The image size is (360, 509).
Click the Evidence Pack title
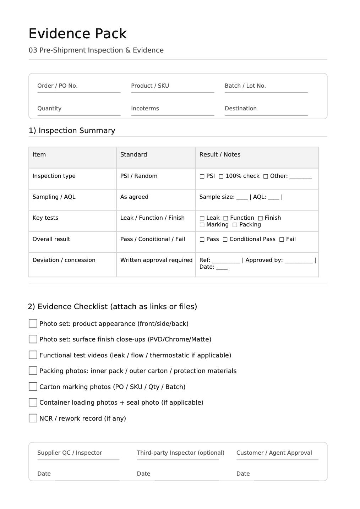77,34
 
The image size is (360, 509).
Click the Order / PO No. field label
58,86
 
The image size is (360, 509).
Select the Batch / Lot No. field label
245,86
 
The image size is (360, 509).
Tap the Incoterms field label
145,109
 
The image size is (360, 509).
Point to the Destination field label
240,109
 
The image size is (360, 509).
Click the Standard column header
133,155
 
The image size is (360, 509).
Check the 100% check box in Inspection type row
221,176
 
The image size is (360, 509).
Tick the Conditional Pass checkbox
225,240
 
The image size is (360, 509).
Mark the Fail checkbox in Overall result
282,240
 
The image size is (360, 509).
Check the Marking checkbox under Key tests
202,225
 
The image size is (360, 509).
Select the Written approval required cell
156,260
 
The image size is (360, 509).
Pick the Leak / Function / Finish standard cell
152,218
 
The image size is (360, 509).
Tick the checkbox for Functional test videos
33,355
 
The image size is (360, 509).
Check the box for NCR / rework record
33,418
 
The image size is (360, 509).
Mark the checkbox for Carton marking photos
33,387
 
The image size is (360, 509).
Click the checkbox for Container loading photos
33,402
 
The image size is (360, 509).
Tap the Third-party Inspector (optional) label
180,453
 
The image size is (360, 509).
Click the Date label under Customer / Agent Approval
243,474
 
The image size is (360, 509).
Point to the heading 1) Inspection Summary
72,131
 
